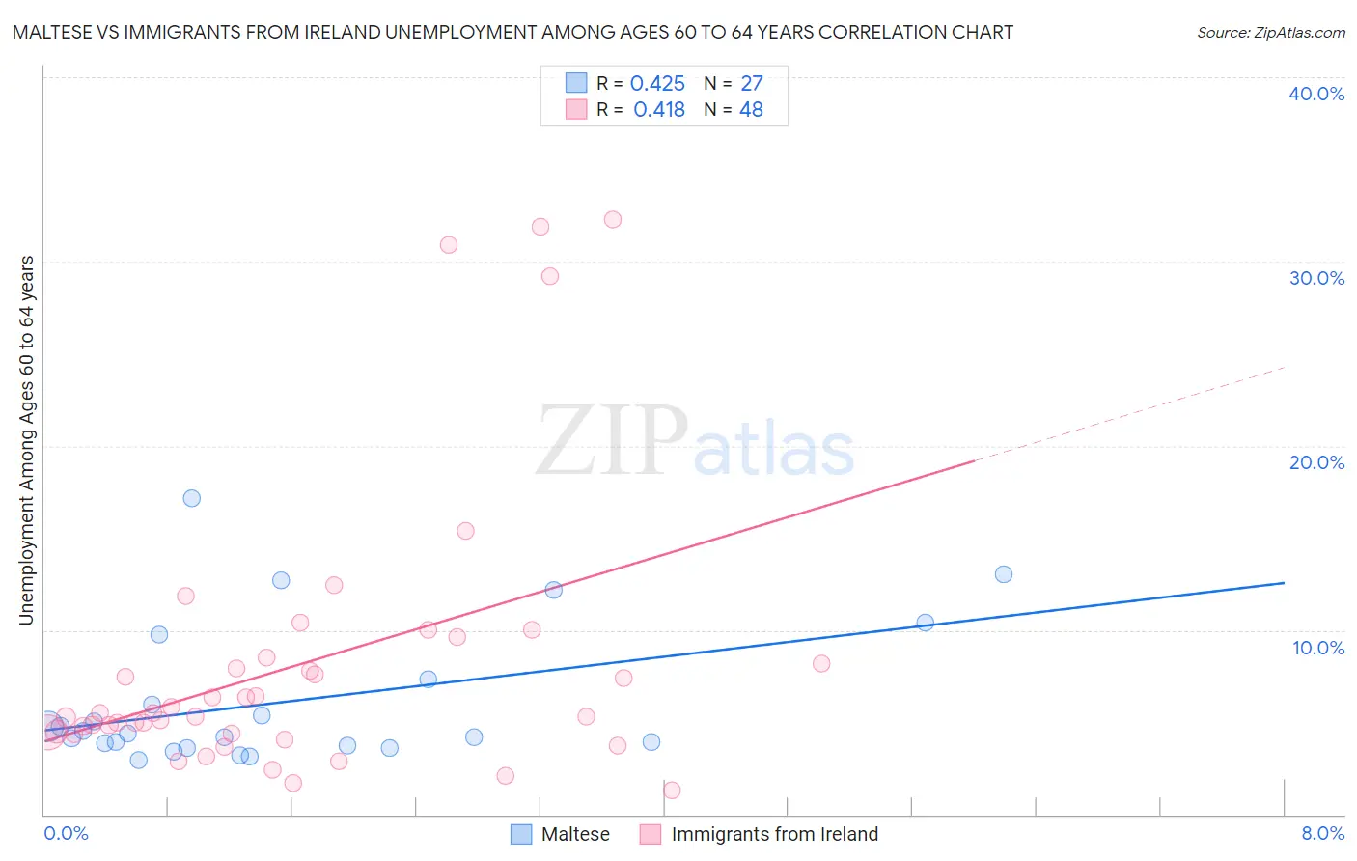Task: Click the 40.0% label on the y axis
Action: (x=1316, y=94)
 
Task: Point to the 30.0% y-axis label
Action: (x=1316, y=278)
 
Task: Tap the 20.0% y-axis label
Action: (x=1316, y=462)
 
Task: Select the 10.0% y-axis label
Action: (x=1318, y=648)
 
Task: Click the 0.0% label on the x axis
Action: (x=66, y=833)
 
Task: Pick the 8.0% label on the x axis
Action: (x=1322, y=833)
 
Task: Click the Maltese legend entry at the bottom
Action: (x=575, y=834)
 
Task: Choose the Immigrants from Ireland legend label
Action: (x=774, y=834)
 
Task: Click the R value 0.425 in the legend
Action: (x=657, y=84)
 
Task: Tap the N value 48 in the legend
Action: (x=751, y=110)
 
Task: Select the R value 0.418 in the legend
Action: (x=659, y=110)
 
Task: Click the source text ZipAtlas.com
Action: (x=1270, y=32)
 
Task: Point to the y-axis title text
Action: (x=26, y=440)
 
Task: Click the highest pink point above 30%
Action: (x=613, y=219)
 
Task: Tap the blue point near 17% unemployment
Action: (x=192, y=498)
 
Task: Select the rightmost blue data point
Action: (x=1004, y=574)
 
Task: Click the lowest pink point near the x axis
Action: (x=672, y=791)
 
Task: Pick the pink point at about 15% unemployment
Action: (x=465, y=531)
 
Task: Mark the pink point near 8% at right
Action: (x=821, y=663)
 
